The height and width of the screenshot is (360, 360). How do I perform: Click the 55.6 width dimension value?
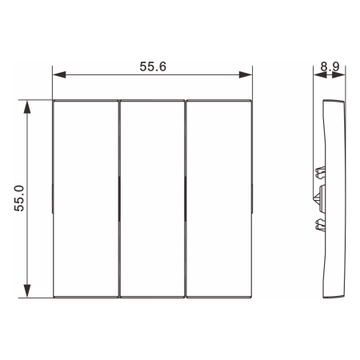(x=153, y=66)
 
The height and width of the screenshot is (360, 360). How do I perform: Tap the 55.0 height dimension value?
(x=19, y=198)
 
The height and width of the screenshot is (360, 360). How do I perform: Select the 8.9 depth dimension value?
(x=330, y=66)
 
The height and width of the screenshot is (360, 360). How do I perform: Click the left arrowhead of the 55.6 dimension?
(x=59, y=74)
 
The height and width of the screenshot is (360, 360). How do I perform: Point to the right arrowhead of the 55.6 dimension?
(x=246, y=74)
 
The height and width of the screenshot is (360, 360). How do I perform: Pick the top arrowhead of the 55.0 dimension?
(x=27, y=107)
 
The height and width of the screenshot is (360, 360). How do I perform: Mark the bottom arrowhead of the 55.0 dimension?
(x=27, y=291)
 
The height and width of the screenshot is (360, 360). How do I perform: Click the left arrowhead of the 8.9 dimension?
(x=320, y=75)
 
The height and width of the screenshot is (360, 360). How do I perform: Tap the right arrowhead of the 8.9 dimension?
(x=338, y=75)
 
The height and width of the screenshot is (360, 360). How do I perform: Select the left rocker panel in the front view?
(x=86, y=199)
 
